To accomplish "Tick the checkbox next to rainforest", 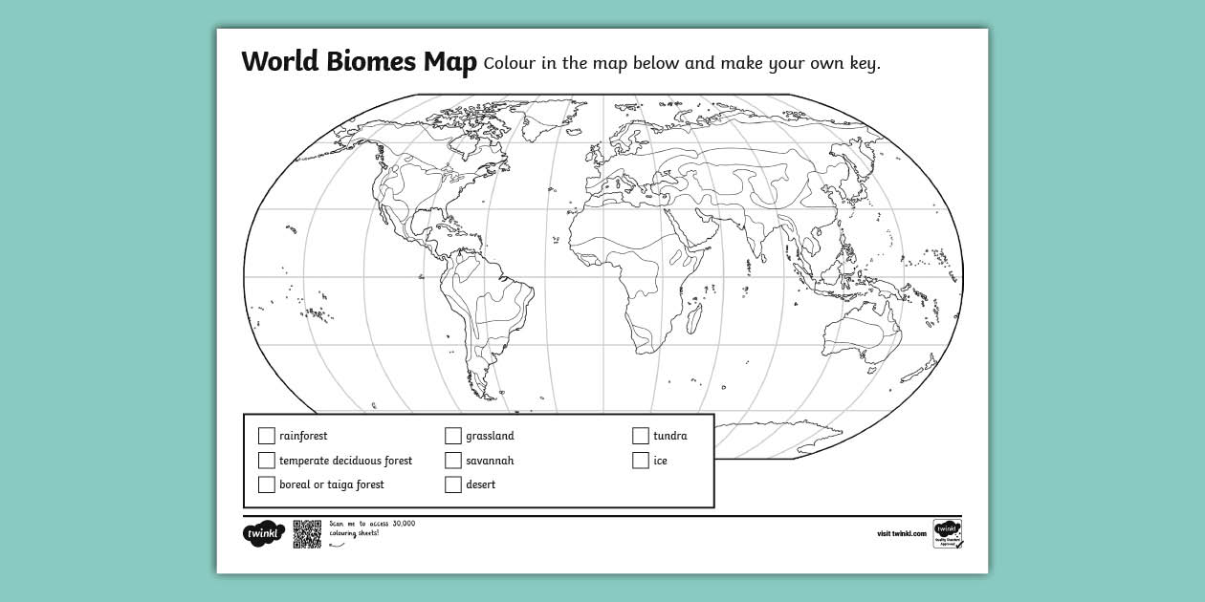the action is tap(266, 436).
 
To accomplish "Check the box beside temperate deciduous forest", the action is tap(266, 461).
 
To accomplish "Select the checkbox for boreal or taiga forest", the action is tap(266, 484).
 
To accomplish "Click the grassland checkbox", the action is tap(453, 436).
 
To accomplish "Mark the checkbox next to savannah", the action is tap(453, 461).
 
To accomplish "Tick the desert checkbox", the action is tap(453, 484).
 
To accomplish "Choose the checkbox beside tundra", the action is tap(641, 436).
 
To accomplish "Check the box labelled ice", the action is tap(641, 461).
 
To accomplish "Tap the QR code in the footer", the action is tap(307, 534).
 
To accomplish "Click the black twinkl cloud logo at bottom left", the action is tap(264, 533).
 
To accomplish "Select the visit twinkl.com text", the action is tap(901, 534).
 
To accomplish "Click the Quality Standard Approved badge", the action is tap(948, 533).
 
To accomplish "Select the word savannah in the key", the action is tap(490, 461).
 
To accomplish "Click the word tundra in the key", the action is tap(669, 436).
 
